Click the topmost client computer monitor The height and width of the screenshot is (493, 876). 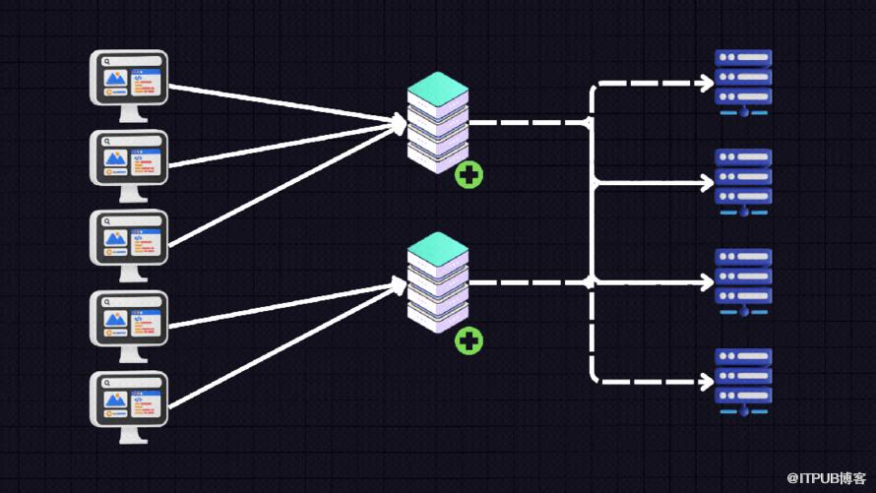point(129,86)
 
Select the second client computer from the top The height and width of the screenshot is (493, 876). point(129,166)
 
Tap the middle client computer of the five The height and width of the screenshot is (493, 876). point(129,246)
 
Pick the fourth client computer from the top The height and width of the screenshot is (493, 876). point(129,326)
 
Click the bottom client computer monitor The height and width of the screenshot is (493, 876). point(129,407)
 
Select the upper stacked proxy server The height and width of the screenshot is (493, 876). point(437,122)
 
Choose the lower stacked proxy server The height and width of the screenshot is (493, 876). point(437,282)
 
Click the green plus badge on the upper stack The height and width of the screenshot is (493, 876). point(469,175)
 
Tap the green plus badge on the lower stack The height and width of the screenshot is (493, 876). point(469,340)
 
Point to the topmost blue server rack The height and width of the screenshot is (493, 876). point(743,83)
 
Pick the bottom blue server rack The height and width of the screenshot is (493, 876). point(743,382)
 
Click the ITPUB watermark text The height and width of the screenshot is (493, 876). point(826,478)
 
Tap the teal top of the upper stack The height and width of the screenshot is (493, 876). point(437,89)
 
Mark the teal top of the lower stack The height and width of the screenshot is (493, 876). point(437,248)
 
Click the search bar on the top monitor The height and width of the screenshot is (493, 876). point(131,61)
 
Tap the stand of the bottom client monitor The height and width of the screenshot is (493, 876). point(132,435)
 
